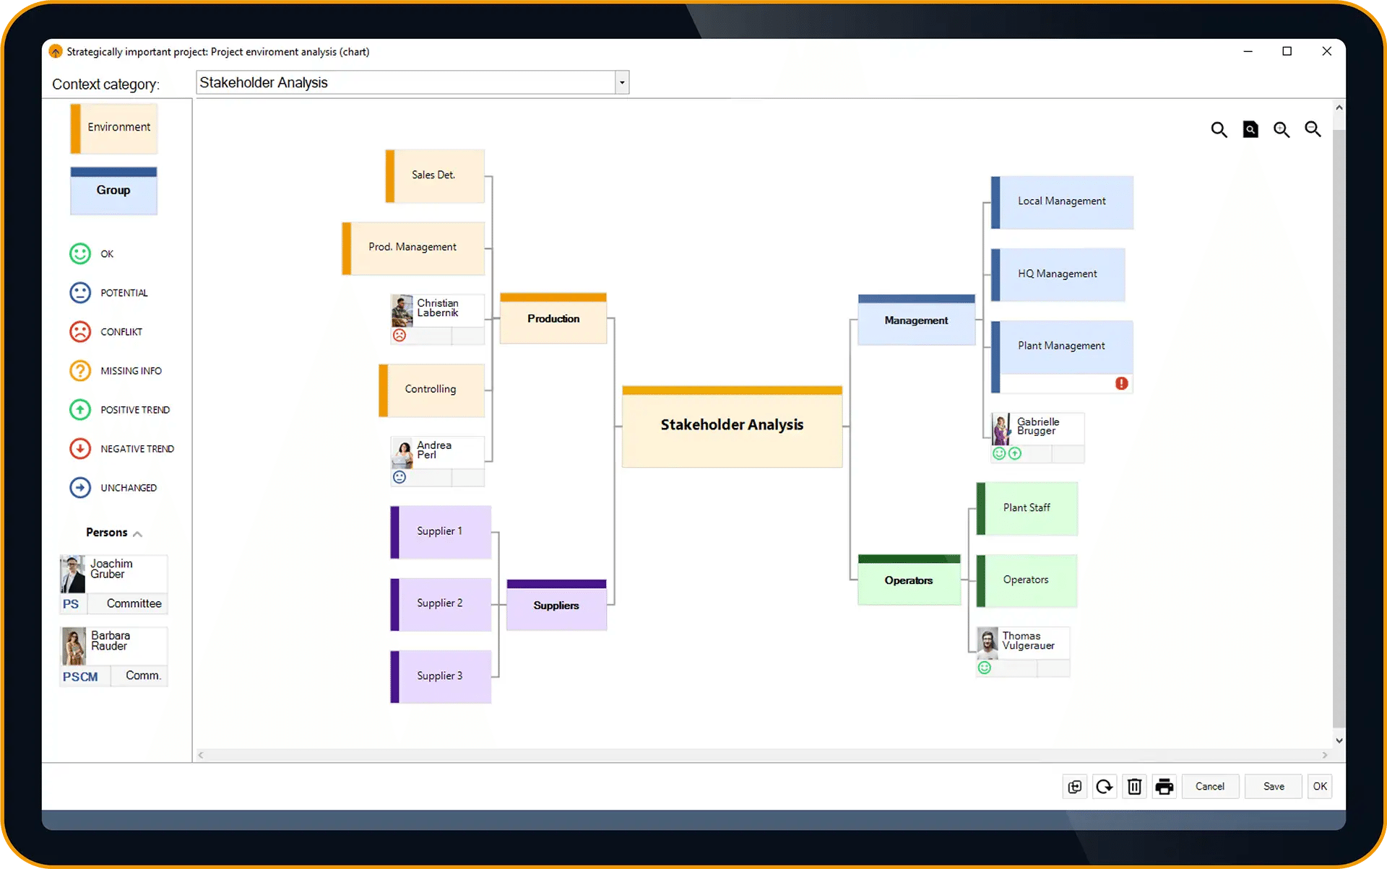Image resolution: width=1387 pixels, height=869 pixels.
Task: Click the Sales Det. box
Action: (x=435, y=175)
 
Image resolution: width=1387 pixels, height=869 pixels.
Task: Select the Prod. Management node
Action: (x=413, y=248)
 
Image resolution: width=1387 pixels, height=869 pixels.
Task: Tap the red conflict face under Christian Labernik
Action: (x=399, y=335)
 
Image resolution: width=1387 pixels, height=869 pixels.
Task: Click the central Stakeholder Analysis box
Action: (x=732, y=426)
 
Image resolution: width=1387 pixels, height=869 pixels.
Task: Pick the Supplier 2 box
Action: (x=441, y=604)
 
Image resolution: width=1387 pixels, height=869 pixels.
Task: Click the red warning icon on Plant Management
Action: (x=1121, y=383)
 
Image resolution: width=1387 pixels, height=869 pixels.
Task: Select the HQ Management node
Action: (x=1058, y=274)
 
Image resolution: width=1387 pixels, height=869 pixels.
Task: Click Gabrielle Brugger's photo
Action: (x=1001, y=429)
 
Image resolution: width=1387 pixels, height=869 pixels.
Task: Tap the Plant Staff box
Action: (x=1027, y=508)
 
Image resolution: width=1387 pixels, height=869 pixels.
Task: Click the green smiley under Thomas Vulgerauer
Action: (x=984, y=668)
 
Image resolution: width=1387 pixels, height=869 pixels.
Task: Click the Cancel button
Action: (x=1210, y=786)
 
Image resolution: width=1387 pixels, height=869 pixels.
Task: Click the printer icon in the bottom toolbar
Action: (x=1164, y=786)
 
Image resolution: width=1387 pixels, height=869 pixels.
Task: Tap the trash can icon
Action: (x=1134, y=786)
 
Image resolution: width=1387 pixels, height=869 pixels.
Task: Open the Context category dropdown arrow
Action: (x=622, y=83)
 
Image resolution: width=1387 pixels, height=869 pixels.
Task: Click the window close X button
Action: (x=1326, y=51)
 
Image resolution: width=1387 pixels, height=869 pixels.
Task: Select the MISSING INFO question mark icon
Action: (x=80, y=371)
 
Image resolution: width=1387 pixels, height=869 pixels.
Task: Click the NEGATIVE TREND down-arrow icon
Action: (x=80, y=449)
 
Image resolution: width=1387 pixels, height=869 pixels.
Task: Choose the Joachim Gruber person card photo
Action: (x=73, y=574)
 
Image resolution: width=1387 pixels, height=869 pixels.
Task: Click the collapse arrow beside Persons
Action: (x=137, y=534)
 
